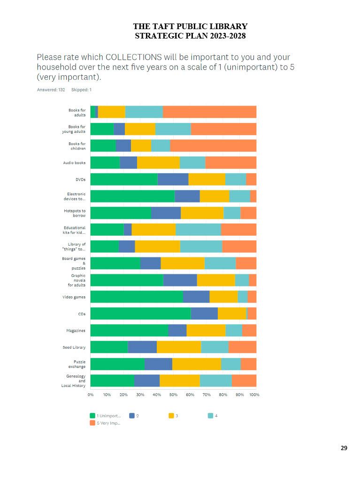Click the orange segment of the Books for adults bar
pyautogui.click(x=209, y=112)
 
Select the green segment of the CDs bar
pyautogui.click(x=140, y=313)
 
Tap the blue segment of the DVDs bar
pyautogui.click(x=173, y=179)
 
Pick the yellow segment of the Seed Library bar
pyautogui.click(x=179, y=347)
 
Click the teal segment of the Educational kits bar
pyautogui.click(x=198, y=229)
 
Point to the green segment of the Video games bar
pyautogui.click(x=136, y=296)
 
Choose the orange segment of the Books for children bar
pyautogui.click(x=213, y=146)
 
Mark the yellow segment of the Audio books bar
pyautogui.click(x=158, y=163)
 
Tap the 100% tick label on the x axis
pyautogui.click(x=254, y=395)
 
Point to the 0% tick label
pyautogui.click(x=91, y=395)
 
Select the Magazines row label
pyautogui.click(x=76, y=331)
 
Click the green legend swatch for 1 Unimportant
pyautogui.click(x=92, y=416)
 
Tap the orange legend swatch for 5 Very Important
pyautogui.click(x=92, y=423)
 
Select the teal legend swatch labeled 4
pyautogui.click(x=210, y=416)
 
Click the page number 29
pyautogui.click(x=344, y=448)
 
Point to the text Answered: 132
pyautogui.click(x=51, y=90)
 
